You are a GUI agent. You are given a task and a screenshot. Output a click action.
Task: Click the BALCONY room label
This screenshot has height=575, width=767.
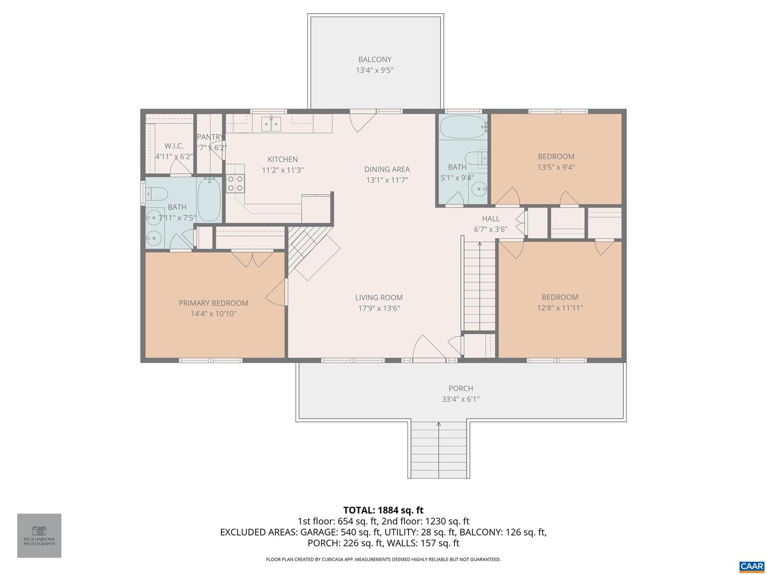[x=374, y=60]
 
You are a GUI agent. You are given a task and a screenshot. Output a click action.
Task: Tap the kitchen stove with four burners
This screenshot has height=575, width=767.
[x=235, y=184]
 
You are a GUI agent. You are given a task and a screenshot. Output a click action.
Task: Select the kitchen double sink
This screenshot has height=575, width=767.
[x=271, y=124]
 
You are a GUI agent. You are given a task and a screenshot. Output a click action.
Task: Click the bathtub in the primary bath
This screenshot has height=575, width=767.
[x=209, y=200]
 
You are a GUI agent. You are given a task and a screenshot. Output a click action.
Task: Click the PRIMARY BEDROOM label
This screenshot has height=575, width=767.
[x=213, y=303]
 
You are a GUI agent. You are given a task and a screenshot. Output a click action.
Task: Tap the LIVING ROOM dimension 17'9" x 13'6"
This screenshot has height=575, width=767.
[x=379, y=308]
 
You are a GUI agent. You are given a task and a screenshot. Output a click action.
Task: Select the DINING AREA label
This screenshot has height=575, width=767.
[x=387, y=169]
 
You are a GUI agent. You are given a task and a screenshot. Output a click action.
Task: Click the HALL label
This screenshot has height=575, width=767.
[x=491, y=218]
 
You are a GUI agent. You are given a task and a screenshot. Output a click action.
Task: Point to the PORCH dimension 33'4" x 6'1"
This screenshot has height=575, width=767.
[x=461, y=399]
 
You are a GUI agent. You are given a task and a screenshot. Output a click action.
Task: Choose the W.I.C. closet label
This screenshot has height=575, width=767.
[x=174, y=146]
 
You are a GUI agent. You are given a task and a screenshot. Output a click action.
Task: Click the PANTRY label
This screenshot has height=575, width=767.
[x=210, y=137]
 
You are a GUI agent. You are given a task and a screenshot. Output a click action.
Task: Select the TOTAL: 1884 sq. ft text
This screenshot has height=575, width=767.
[x=383, y=510]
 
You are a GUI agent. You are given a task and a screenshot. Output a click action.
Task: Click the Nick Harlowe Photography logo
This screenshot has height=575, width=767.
[x=39, y=535]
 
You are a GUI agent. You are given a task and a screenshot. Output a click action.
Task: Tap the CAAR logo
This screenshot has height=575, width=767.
[x=752, y=566]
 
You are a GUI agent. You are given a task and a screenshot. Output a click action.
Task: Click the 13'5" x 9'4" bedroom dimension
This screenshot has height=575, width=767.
[x=556, y=167]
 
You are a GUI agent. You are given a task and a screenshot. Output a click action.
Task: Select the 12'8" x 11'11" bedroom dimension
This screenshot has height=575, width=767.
[x=560, y=308]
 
